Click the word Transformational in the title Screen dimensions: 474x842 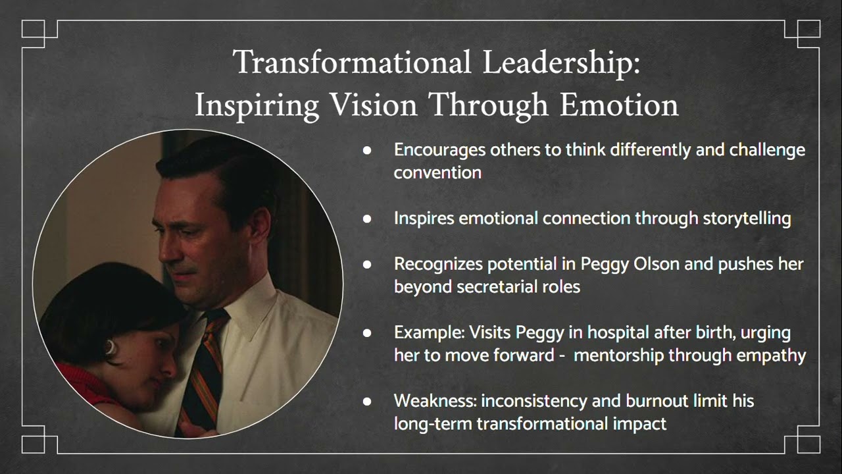click(x=352, y=63)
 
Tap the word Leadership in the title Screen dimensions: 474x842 click(x=561, y=63)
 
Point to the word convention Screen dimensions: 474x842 click(x=437, y=172)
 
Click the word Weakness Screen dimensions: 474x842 click(x=435, y=400)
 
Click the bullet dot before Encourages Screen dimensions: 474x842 click(x=367, y=151)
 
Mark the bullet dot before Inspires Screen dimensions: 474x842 click(x=367, y=219)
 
